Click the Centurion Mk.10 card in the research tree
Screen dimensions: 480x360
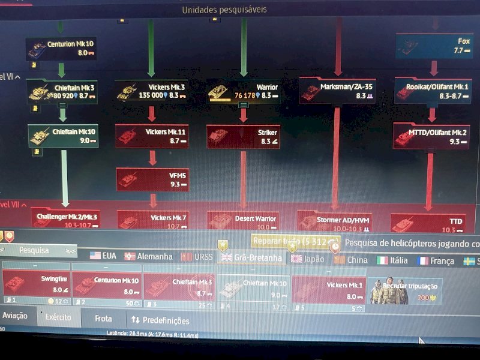[61, 49]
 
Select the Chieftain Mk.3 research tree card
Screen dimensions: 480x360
[62, 92]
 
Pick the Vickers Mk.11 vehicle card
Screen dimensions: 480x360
[152, 136]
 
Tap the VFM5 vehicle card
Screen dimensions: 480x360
[152, 179]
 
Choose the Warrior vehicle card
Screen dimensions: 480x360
[243, 91]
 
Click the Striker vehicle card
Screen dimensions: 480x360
[243, 136]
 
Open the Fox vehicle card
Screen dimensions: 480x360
[434, 46]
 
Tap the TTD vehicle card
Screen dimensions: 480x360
[428, 223]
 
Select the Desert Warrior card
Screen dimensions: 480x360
[243, 221]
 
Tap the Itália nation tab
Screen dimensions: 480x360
[392, 260]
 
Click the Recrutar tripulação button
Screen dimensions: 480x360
[405, 290]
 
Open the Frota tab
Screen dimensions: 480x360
[103, 319]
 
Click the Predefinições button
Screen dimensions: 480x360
[160, 320]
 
